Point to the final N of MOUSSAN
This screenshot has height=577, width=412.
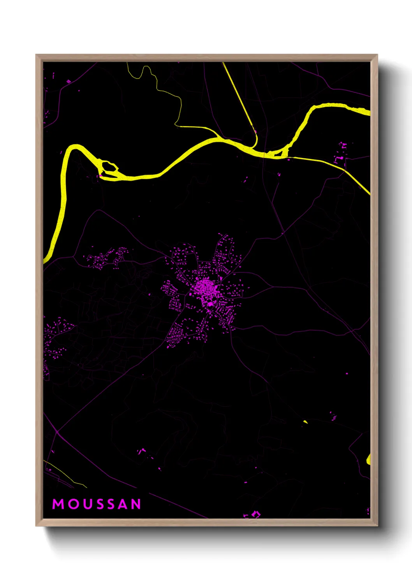(x=136, y=504)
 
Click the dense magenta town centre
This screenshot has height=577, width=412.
(x=204, y=288)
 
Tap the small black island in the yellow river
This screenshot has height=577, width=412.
(x=109, y=168)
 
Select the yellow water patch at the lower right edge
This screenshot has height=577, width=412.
(x=368, y=459)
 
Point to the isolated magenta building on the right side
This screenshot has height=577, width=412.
(x=347, y=373)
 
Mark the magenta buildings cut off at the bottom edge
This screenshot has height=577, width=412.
(x=252, y=515)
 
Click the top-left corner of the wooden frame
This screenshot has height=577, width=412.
(x=37, y=56)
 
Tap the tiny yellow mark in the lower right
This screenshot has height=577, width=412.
(x=306, y=421)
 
